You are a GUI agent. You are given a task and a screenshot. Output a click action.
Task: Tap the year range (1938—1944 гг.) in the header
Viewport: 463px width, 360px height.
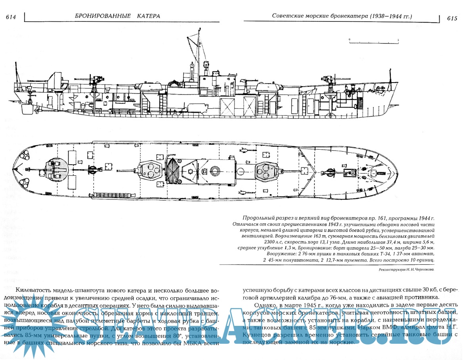coord(391,16)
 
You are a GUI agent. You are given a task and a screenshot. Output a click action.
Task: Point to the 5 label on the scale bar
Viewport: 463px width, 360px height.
coord(398,40)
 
